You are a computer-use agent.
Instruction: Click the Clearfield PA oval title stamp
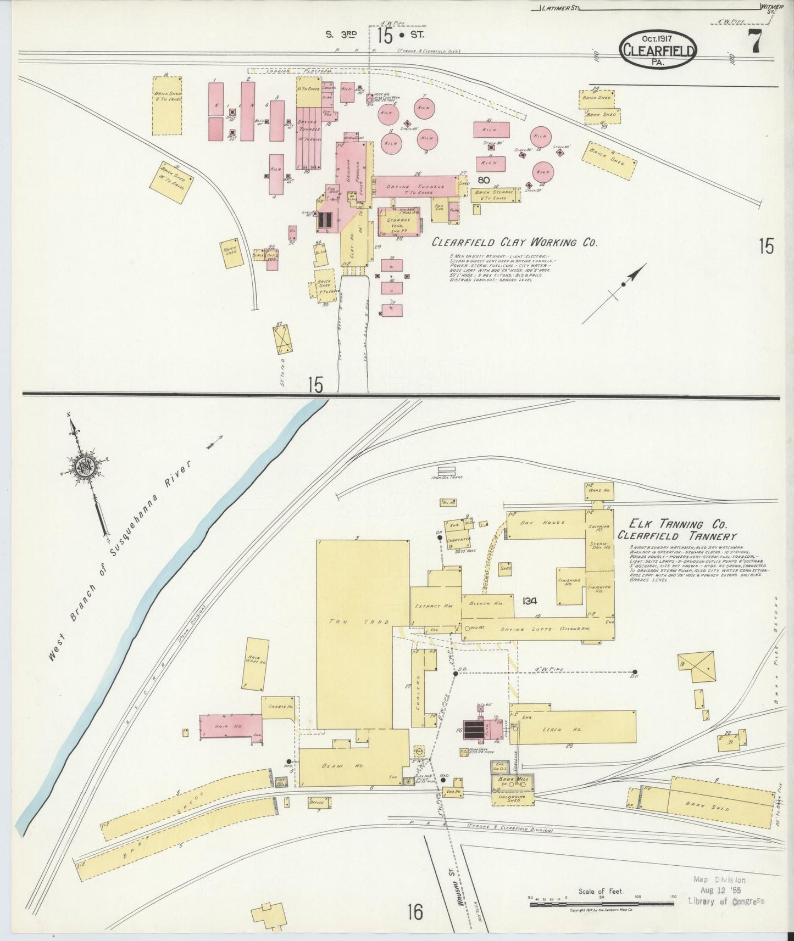659,49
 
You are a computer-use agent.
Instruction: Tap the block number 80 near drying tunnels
484,180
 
